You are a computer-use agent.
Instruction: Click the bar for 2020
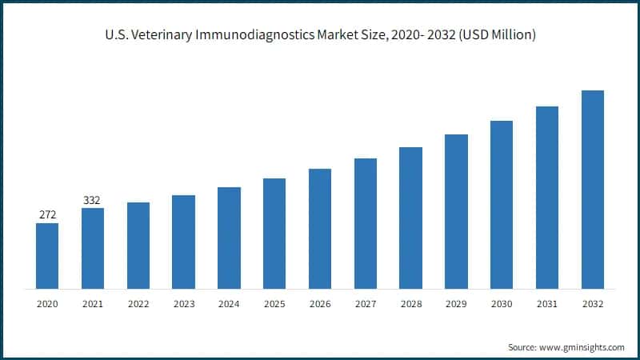tap(47, 255)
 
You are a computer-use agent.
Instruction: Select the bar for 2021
tap(93, 248)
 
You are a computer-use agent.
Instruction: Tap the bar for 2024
tap(229, 238)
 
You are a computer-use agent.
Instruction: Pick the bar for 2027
tap(366, 223)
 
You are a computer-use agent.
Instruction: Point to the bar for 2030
tap(502, 204)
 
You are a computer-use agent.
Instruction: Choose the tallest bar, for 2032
tap(593, 189)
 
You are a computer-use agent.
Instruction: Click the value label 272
tap(47, 215)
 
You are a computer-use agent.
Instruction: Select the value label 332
tap(93, 200)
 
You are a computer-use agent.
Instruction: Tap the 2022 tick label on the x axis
tap(138, 304)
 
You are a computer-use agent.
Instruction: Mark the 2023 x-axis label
tap(183, 304)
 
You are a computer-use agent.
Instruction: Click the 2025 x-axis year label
tap(274, 304)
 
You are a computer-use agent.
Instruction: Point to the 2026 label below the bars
tap(320, 304)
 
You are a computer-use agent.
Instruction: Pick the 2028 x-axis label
tap(411, 304)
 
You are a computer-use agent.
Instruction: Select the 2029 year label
tap(456, 304)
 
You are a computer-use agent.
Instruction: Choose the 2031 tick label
tap(547, 304)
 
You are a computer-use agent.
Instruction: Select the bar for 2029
tap(456, 211)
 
